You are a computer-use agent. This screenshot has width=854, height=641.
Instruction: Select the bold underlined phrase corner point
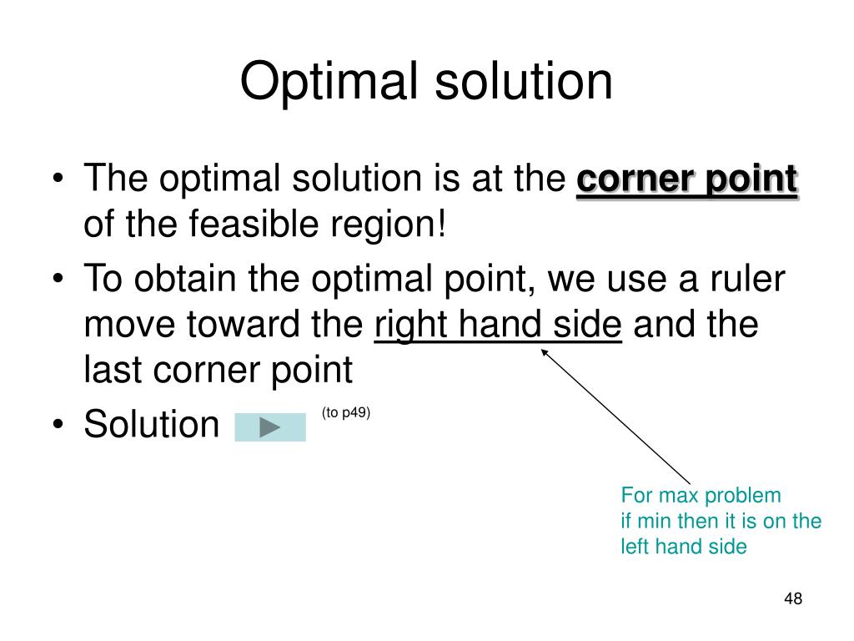tap(686, 180)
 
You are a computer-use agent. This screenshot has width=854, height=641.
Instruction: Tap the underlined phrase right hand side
tap(498, 326)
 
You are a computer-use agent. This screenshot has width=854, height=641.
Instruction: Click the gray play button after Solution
tap(270, 427)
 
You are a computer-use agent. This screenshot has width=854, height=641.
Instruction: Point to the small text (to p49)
tap(345, 412)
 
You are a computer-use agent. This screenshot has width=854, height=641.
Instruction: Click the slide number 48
tap(792, 598)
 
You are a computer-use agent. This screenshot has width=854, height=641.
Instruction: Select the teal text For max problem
tap(701, 496)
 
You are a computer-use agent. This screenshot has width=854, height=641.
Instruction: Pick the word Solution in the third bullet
tap(151, 425)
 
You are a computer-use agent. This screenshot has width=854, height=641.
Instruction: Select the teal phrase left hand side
tap(683, 548)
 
